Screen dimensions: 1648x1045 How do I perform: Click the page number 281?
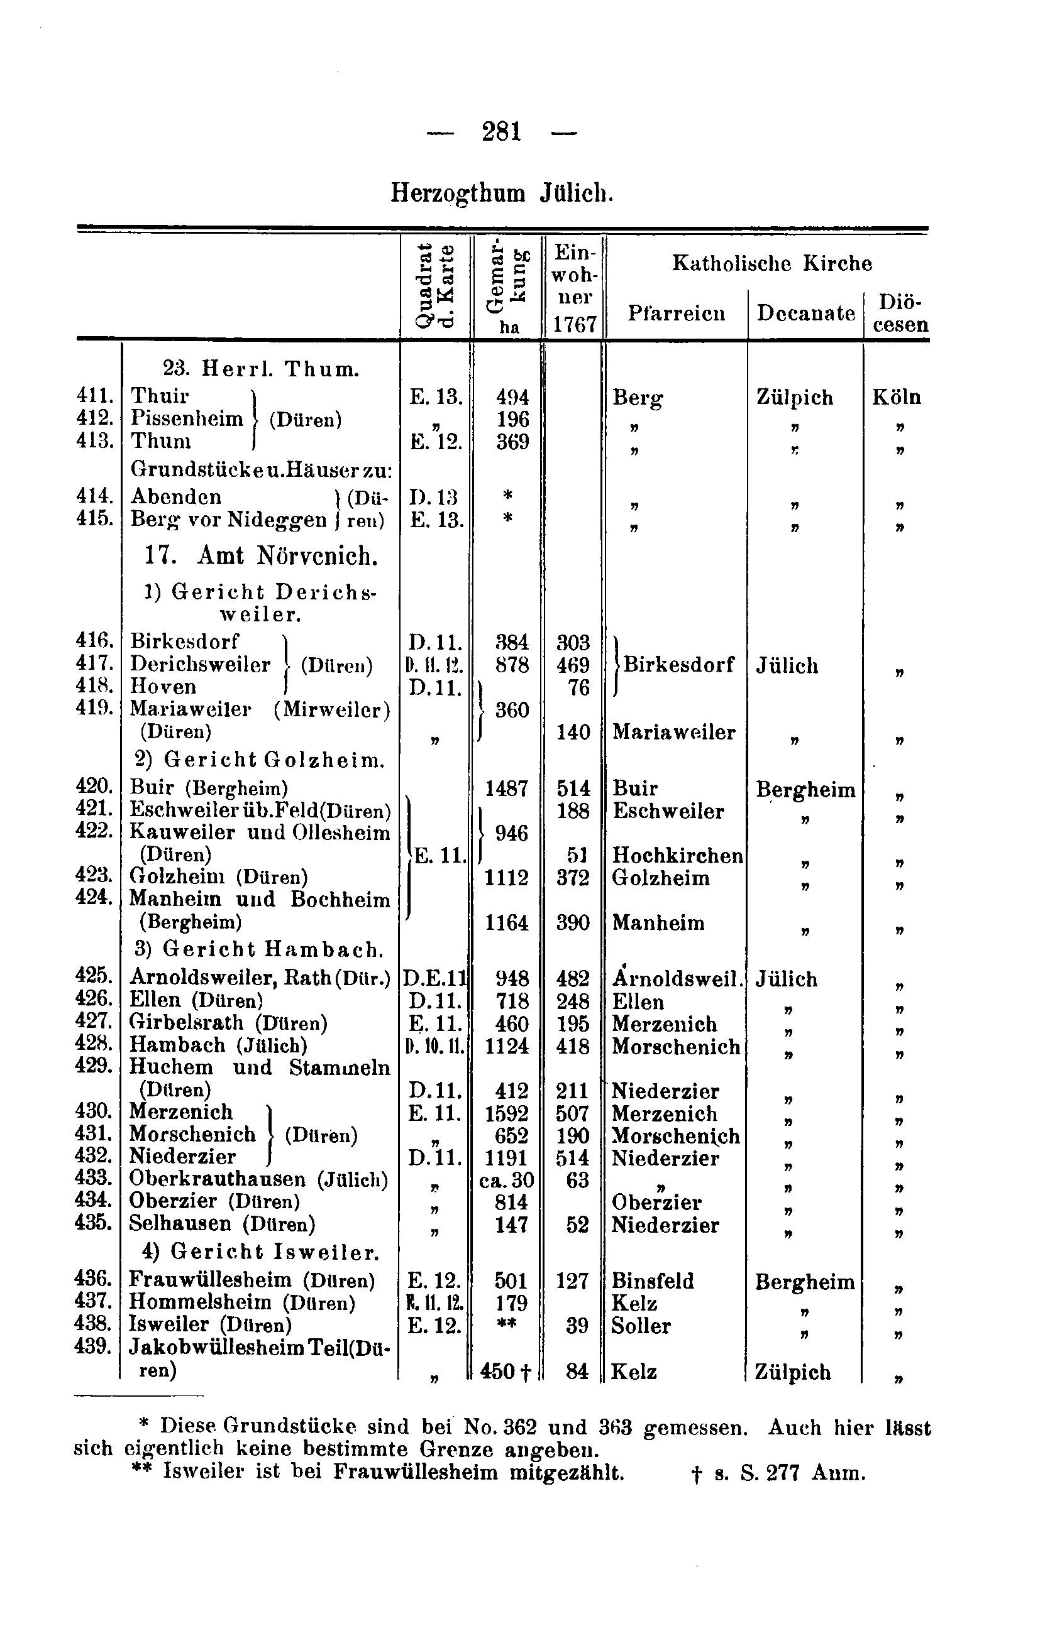click(x=501, y=131)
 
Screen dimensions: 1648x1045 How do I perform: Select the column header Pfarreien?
click(x=676, y=313)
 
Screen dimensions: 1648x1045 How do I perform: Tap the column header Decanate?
click(x=805, y=313)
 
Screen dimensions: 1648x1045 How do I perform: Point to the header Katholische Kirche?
click(x=771, y=263)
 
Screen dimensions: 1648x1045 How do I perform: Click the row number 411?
click(x=94, y=396)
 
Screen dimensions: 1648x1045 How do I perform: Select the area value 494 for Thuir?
click(x=512, y=397)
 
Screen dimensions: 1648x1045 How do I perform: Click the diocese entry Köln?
click(x=897, y=397)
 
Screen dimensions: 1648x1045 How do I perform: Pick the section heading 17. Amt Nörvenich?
click(x=261, y=555)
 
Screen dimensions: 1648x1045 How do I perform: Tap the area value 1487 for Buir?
click(x=507, y=789)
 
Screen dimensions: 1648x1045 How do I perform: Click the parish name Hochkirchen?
click(x=677, y=856)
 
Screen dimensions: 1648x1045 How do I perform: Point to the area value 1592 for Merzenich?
click(x=507, y=1114)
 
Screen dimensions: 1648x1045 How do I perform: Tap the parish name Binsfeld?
click(x=653, y=1280)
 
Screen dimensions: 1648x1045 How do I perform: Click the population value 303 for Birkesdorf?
click(x=573, y=642)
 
